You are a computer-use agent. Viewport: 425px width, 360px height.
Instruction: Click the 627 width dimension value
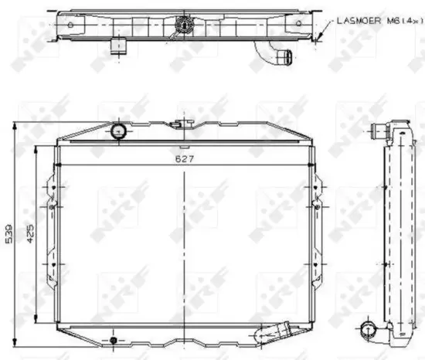[182, 159]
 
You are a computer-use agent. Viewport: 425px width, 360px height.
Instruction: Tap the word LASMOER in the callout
[355, 22]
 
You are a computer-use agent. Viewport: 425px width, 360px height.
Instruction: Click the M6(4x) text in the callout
[397, 22]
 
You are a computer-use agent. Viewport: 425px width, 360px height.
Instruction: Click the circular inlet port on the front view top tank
[118, 131]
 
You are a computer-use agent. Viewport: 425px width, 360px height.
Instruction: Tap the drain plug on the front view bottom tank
[114, 339]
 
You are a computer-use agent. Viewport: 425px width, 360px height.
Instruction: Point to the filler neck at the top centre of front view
[182, 123]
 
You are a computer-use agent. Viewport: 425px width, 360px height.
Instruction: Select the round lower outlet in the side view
[368, 330]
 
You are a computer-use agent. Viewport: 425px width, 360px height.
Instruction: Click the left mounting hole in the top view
[71, 23]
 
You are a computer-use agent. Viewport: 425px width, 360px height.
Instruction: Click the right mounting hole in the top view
[297, 23]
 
